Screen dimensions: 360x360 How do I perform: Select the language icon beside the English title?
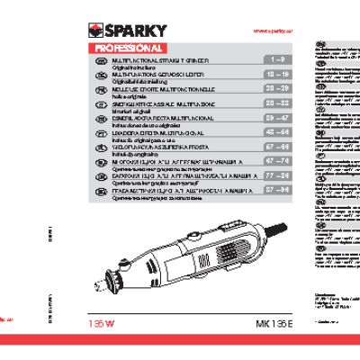[x=100, y=58]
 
